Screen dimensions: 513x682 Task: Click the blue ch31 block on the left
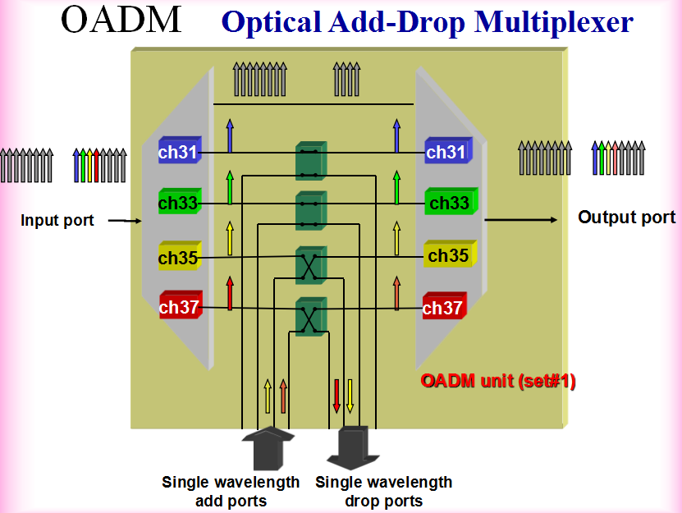[179, 152]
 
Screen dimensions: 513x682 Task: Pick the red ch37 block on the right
[443, 307]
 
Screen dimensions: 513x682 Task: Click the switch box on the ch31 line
[310, 161]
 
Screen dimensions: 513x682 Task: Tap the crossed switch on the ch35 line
[310, 265]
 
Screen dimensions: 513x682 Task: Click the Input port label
[57, 220]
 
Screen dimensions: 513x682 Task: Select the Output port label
[626, 218]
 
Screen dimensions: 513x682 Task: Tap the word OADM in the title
[121, 20]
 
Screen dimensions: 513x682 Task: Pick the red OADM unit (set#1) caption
[497, 381]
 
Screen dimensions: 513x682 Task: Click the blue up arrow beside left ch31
[230, 135]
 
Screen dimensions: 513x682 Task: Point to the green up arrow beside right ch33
[396, 188]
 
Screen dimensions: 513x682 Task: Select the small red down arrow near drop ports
[336, 396]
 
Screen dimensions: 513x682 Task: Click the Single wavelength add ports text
[231, 491]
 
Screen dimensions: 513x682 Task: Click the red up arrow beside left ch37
[230, 293]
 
